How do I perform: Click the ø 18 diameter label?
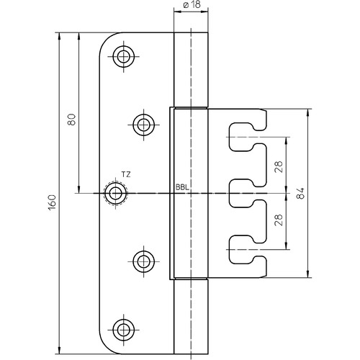[192, 4]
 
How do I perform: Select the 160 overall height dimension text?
[52, 202]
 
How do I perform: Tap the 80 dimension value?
[72, 120]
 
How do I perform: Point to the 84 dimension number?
[300, 193]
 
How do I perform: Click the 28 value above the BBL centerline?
[279, 167]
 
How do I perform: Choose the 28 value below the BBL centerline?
[279, 220]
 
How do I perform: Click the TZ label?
[126, 174]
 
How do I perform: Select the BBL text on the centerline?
[182, 187]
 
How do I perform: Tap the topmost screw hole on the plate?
[124, 57]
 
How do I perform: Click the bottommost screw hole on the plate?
[124, 330]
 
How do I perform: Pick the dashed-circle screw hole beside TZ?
[116, 193]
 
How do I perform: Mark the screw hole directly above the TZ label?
[143, 125]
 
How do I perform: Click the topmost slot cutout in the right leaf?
[248, 137]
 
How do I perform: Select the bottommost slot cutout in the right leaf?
[248, 250]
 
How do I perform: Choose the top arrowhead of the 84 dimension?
[308, 113]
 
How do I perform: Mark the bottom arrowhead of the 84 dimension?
[308, 274]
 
